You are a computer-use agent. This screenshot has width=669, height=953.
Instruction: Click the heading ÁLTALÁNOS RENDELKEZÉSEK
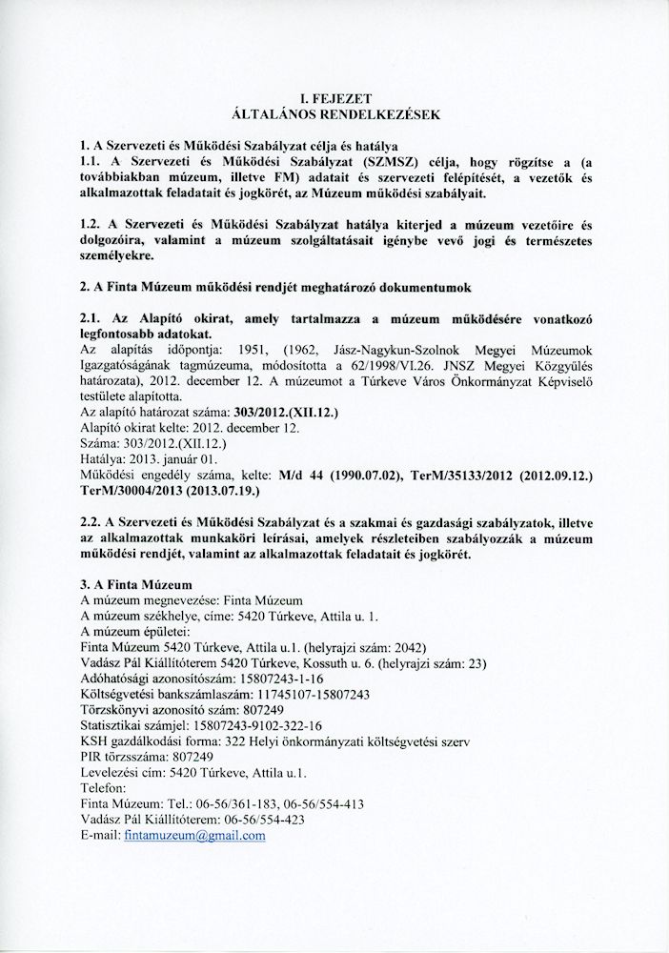334,114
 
